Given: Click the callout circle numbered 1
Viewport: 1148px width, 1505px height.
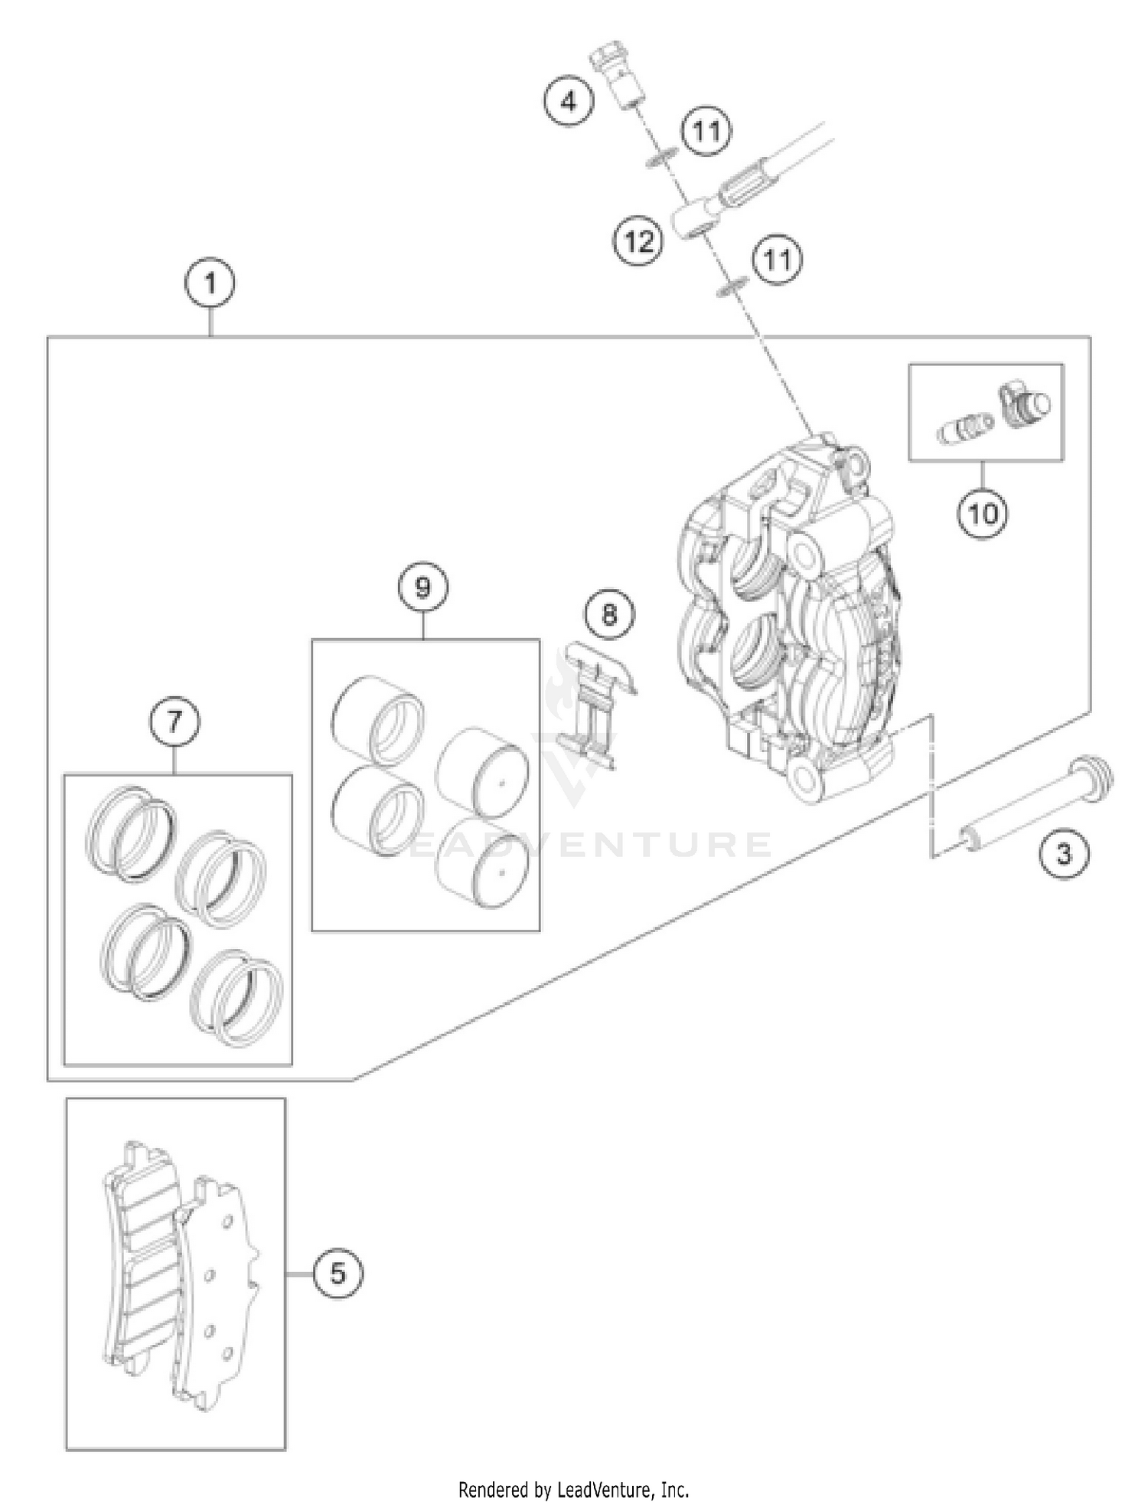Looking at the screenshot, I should click(210, 285).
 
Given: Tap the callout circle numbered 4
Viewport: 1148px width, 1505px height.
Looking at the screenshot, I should click(569, 101).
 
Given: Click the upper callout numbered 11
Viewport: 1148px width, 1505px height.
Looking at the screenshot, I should click(706, 132).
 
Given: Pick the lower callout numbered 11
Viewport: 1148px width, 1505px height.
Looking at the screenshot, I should click(777, 260).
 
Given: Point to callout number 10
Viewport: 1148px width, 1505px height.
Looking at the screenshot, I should click(983, 513).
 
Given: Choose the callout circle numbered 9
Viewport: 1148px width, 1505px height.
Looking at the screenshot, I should click(422, 587).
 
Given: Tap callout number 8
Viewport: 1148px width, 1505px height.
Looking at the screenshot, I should click(609, 614).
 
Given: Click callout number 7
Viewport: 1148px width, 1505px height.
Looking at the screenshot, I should click(174, 721).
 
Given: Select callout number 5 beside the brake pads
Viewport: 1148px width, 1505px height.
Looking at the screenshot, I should click(338, 1274).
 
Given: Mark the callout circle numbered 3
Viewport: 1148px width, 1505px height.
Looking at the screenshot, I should click(1065, 854).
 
